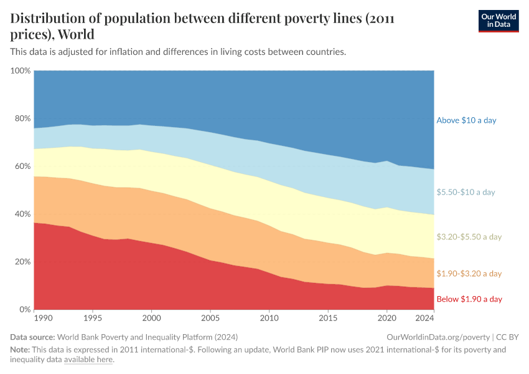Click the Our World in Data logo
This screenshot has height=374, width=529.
[x=498, y=21]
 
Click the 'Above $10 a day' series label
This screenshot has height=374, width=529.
[x=466, y=120]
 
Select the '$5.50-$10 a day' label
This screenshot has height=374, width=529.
[x=466, y=193]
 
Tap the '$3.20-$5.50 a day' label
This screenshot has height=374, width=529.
[x=469, y=237]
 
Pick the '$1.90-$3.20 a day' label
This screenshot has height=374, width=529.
[x=469, y=274]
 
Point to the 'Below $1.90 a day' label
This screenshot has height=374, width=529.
[x=469, y=299]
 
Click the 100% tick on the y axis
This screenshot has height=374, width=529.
[x=21, y=71]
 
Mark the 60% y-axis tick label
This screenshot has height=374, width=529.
[x=22, y=166]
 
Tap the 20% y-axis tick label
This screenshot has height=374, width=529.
[x=22, y=262]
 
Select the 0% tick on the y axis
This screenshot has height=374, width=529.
[x=25, y=310]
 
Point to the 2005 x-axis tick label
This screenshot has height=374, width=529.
[x=210, y=318]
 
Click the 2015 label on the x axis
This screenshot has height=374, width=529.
[x=327, y=318]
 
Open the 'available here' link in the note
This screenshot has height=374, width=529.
[x=88, y=360]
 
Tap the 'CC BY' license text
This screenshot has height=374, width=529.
[x=508, y=337]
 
